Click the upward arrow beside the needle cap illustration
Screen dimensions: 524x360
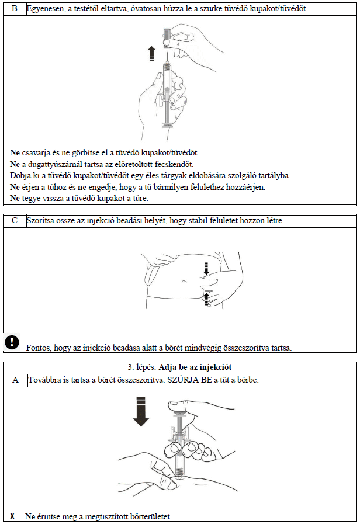pyautogui.click(x=151, y=54)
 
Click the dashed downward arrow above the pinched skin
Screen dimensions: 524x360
pyautogui.click(x=206, y=269)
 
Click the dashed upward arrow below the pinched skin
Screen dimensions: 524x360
pyautogui.click(x=206, y=299)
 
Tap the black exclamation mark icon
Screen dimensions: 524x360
pyautogui.click(x=12, y=342)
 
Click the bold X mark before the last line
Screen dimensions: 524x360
pyautogui.click(x=12, y=516)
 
